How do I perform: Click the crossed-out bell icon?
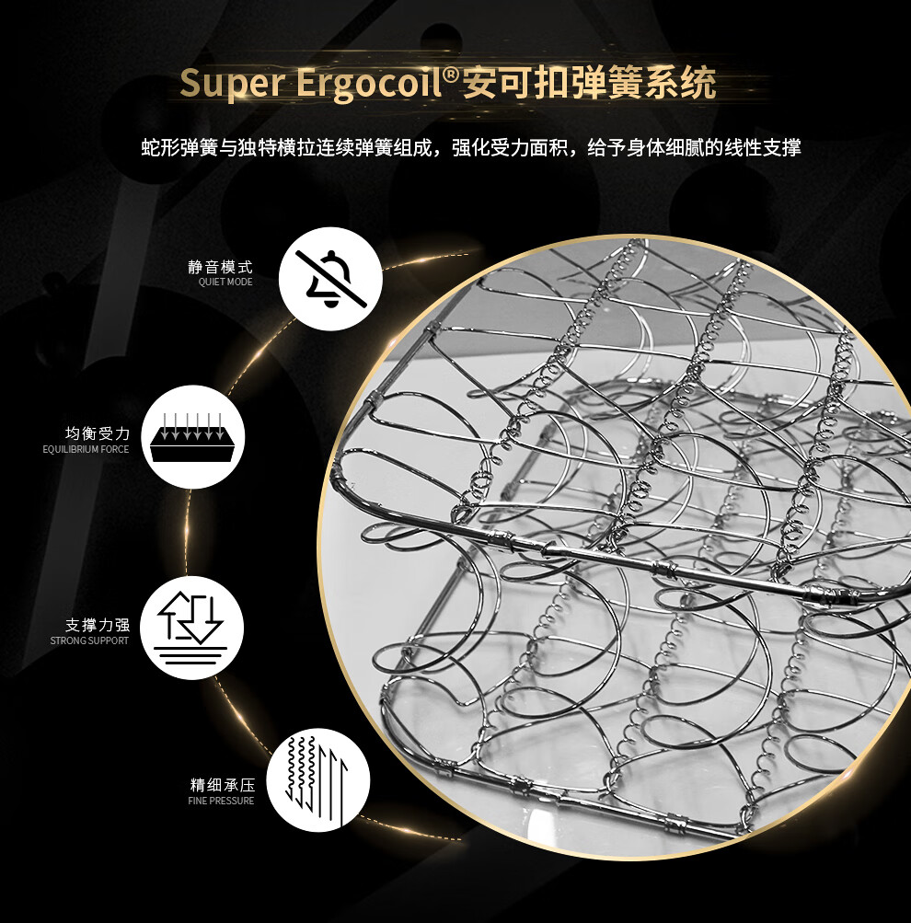(x=330, y=279)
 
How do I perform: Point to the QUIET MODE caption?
(x=225, y=283)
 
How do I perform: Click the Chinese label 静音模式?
(x=220, y=267)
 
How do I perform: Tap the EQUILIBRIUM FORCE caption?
(x=86, y=449)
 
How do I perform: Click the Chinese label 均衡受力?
(x=97, y=433)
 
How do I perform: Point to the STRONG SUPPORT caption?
(x=90, y=640)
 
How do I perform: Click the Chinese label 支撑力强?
(x=97, y=625)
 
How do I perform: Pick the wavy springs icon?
(x=317, y=779)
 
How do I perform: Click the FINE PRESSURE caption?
(x=221, y=802)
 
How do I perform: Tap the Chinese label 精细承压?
(x=222, y=786)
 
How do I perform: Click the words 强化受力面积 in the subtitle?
(x=511, y=147)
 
